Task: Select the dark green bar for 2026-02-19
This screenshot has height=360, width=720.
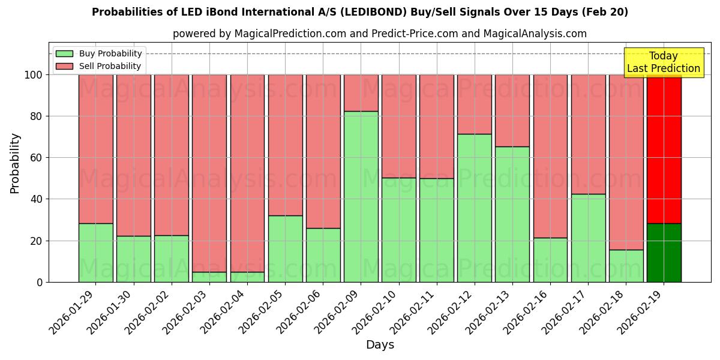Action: [x=664, y=253]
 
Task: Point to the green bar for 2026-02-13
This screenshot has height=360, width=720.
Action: [x=512, y=214]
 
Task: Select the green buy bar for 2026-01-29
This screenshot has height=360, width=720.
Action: [x=96, y=253]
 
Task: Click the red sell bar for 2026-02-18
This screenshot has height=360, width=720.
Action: [x=626, y=162]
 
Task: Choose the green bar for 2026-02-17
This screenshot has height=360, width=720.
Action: [x=588, y=238]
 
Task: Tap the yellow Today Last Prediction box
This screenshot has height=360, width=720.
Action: [x=664, y=62]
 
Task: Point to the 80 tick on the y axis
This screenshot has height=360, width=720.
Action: [x=37, y=116]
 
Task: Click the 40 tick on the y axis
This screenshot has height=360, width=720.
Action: [x=37, y=199]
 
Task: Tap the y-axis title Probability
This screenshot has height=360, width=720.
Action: [x=15, y=163]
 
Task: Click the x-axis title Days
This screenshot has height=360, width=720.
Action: [x=380, y=345]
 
